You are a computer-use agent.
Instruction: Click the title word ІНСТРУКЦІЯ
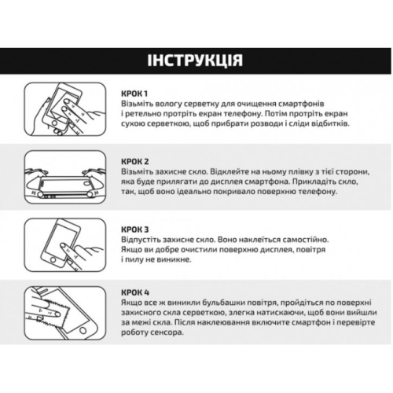tap(195, 61)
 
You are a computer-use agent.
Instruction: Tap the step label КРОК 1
tap(134, 94)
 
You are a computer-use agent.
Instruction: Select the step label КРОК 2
tap(135, 161)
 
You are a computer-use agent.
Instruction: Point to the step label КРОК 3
tap(135, 230)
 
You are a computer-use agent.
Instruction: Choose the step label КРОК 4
tap(135, 292)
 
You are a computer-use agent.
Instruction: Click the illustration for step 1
tap(65, 109)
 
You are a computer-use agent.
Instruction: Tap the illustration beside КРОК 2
tap(65, 178)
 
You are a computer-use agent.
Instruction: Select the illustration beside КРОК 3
tap(65, 245)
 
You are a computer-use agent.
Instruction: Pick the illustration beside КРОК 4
tap(65, 314)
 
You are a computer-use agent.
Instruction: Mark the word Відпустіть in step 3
tap(141, 240)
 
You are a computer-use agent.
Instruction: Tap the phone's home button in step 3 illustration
tap(53, 260)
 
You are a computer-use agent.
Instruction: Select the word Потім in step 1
tap(276, 114)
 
